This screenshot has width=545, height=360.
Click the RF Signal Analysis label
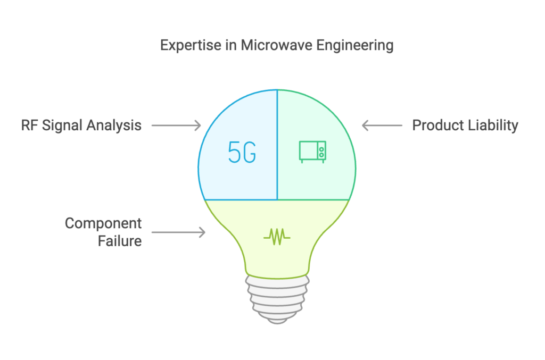(81, 125)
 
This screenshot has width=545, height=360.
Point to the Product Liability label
(465, 125)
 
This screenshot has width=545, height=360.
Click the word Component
(103, 223)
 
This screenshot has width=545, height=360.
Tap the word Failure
(120, 241)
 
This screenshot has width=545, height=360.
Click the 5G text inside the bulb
(242, 152)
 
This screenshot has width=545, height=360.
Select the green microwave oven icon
(312, 152)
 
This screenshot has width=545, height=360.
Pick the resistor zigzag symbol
(277, 237)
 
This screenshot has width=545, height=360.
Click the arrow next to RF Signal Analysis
(176, 125)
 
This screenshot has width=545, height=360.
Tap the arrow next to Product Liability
(382, 125)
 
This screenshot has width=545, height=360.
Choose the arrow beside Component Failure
(178, 232)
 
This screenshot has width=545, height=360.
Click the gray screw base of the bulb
(277, 299)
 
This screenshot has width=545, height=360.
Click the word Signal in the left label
(64, 125)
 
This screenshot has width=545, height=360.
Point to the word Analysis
(114, 125)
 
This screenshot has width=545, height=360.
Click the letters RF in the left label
(30, 125)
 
